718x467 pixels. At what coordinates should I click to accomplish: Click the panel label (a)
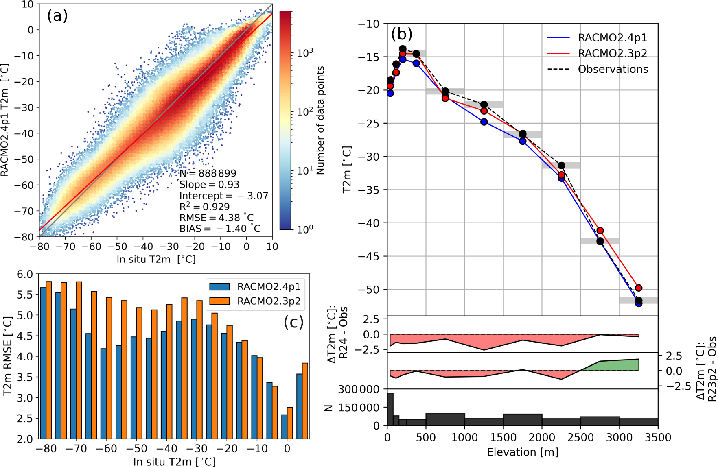57,16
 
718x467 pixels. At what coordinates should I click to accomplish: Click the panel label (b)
401,34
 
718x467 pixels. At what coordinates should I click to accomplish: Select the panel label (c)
293,322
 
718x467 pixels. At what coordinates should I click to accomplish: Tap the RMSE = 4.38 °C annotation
216,218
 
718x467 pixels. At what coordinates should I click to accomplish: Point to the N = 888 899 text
208,173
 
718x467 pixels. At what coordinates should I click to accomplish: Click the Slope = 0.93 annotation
209,185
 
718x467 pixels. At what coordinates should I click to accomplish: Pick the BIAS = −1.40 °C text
220,229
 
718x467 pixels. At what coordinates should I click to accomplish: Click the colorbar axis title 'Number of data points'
321,120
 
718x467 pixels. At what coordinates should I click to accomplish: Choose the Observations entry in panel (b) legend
613,69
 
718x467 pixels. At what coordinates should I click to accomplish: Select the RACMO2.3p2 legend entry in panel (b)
612,53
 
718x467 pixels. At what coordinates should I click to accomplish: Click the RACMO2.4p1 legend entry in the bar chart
269,287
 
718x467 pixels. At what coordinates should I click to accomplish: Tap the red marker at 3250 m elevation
639,288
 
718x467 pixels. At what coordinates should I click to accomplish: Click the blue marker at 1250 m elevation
484,122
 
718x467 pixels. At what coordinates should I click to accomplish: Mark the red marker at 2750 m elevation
600,231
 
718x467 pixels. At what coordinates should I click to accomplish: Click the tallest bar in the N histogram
390,409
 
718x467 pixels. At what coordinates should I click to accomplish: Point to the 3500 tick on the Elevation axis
658,438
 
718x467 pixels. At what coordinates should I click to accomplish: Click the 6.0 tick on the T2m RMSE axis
25,275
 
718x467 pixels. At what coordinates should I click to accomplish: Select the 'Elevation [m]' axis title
522,452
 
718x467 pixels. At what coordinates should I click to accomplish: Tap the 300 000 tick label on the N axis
359,390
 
